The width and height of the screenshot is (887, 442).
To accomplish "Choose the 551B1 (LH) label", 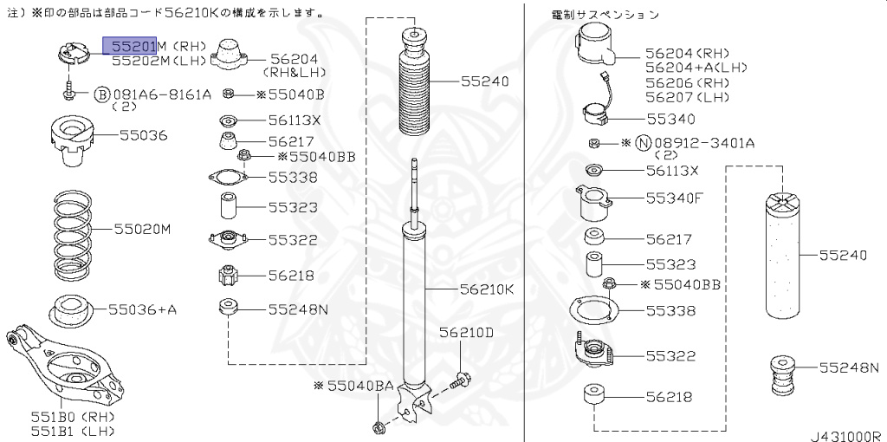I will (x=73, y=431).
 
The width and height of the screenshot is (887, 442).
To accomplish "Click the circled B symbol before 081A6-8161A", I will (x=101, y=94).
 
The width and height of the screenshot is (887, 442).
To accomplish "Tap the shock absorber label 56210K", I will (x=487, y=289).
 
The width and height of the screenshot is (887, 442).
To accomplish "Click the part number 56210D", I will (x=465, y=332).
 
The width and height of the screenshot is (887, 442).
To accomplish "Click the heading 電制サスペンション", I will (x=605, y=15).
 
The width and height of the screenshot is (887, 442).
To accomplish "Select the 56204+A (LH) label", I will (x=696, y=67).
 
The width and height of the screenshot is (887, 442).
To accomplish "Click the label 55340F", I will (x=674, y=198).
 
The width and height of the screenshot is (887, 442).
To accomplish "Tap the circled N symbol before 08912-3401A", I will (x=643, y=142).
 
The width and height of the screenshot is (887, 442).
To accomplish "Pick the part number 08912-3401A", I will (x=704, y=142).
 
